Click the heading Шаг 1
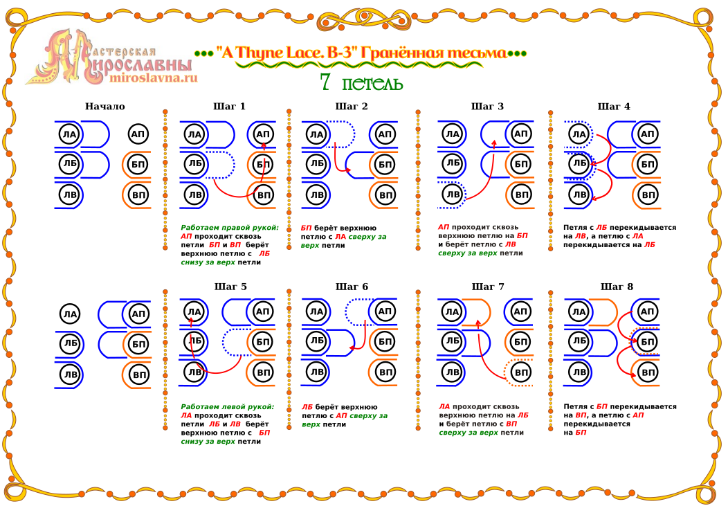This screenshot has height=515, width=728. (229, 107)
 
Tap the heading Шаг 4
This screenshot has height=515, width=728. (614, 107)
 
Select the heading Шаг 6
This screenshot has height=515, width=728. (352, 287)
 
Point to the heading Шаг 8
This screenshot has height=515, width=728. (617, 287)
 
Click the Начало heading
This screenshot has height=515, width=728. (105, 107)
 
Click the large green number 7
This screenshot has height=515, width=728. (325, 82)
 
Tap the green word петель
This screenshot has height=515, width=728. (372, 84)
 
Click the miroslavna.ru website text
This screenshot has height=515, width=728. (154, 78)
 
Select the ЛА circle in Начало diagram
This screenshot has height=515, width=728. (69, 135)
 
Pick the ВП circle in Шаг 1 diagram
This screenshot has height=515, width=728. (263, 195)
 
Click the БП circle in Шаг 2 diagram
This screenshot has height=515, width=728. (385, 164)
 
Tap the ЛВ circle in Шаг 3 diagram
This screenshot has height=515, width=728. (452, 195)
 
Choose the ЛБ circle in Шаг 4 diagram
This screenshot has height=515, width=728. (579, 163)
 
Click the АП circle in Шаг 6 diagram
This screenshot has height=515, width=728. (385, 311)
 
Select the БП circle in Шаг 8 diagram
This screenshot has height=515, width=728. (647, 342)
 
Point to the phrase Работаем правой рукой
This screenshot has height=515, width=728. (229, 228)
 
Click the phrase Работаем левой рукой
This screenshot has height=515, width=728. (228, 407)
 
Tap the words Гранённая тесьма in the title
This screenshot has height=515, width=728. (434, 53)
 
